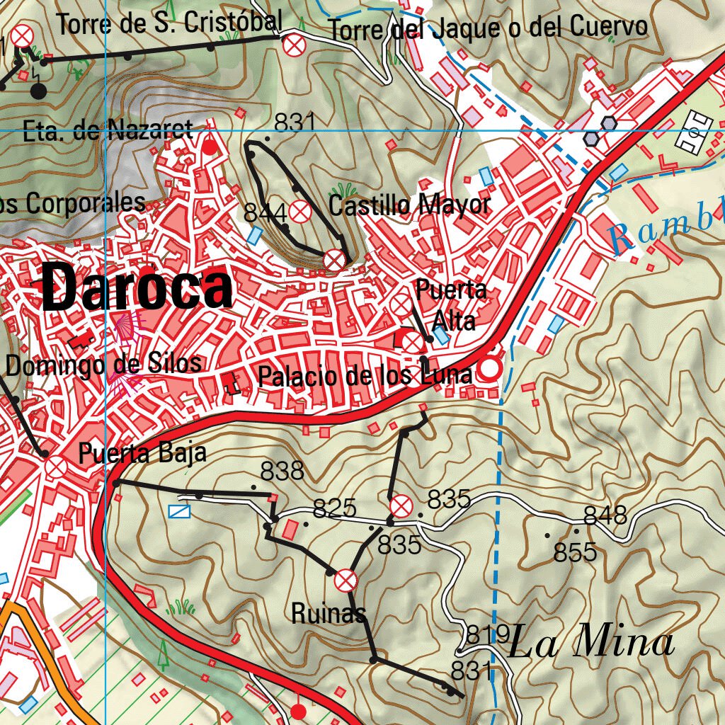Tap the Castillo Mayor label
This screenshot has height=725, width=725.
409,206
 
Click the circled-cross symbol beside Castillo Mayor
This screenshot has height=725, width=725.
300,210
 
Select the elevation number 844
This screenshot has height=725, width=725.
265,212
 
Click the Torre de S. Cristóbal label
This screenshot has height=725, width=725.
169,23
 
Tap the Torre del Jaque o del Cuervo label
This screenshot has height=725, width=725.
489,28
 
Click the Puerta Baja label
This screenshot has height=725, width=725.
142,453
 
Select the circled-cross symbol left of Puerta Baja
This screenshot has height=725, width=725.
55,467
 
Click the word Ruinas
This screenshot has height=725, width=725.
329,613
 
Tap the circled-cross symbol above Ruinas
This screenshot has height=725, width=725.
346,581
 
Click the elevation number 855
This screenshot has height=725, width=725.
575,552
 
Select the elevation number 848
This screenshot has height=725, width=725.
605,515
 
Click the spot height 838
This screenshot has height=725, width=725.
282,471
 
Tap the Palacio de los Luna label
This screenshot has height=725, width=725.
365,376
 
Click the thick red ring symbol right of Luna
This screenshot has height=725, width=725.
489,369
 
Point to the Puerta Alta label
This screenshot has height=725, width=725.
452,305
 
